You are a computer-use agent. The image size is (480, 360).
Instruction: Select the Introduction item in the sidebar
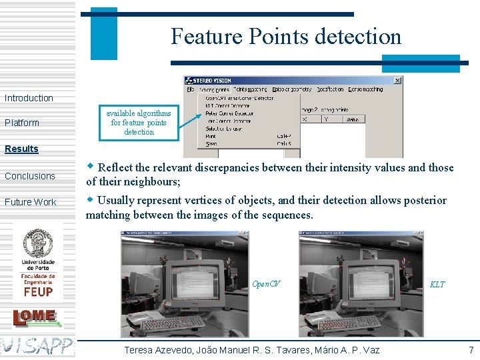click(29, 98)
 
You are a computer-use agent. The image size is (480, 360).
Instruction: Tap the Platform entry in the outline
click(22, 123)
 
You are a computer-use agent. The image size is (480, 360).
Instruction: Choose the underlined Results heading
click(21, 149)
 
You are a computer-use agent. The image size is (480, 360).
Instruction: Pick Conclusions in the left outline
click(30, 176)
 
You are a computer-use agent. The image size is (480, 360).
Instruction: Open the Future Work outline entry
click(31, 202)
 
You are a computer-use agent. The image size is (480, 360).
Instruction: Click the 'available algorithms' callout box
click(139, 123)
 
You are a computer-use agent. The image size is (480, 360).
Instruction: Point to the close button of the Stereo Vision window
click(398, 81)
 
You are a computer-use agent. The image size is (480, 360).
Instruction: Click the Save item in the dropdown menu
click(211, 143)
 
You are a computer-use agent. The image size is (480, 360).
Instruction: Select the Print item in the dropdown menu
click(211, 136)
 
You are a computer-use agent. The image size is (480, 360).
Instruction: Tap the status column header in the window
click(352, 119)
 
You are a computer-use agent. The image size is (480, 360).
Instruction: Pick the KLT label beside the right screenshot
click(437, 285)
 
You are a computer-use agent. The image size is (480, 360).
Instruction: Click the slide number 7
click(471, 350)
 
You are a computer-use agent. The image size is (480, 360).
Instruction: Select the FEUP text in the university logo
click(38, 291)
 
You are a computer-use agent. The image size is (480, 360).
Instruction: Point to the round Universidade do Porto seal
click(38, 243)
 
